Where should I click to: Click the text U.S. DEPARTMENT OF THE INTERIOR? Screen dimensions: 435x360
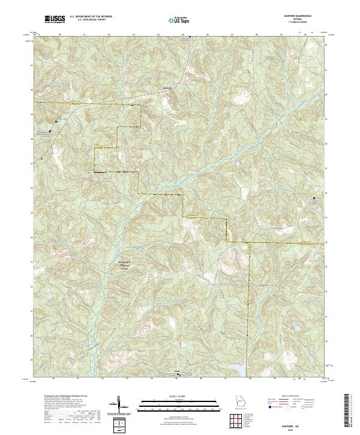coord(91,16)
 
